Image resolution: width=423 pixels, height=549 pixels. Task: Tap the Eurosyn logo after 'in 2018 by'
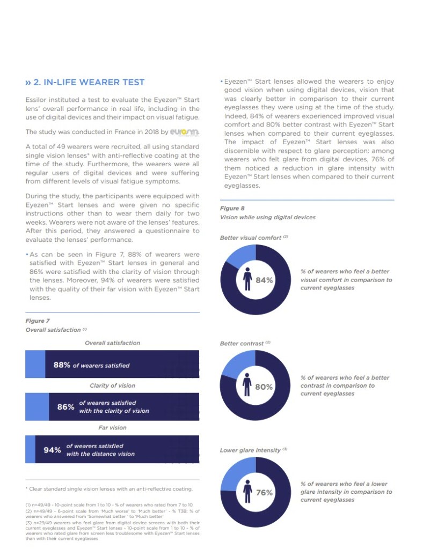[x=184, y=132]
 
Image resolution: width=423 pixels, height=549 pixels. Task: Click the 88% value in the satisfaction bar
[x=62, y=365]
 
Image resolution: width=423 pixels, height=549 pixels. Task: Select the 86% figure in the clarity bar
[x=65, y=407]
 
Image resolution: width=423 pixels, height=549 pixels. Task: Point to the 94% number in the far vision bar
[x=52, y=450]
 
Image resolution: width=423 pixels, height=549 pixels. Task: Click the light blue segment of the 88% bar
[x=35, y=365]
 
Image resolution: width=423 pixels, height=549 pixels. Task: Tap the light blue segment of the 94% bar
[x=30, y=449]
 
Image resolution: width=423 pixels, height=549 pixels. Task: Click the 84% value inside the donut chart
[x=264, y=280]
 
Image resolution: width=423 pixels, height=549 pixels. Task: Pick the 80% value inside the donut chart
[x=264, y=387]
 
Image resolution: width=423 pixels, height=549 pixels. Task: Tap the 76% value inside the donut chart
[x=264, y=493]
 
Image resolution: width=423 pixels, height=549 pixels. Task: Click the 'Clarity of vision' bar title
[x=112, y=385]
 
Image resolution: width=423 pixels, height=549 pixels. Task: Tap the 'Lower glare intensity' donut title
[x=250, y=450]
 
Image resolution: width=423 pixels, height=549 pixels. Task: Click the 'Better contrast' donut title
[x=242, y=343]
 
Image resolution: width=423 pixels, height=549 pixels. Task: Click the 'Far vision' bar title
[x=112, y=428]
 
